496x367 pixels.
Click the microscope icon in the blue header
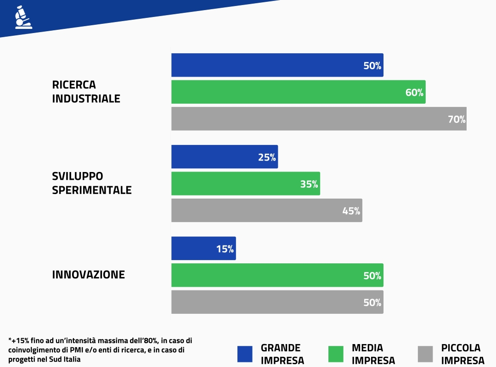[x=20, y=18]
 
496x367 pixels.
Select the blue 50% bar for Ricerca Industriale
[x=277, y=65]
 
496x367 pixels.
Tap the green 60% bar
[x=298, y=92]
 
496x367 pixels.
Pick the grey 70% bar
[x=319, y=119]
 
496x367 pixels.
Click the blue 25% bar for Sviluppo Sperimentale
[x=224, y=157]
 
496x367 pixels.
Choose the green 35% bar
[x=245, y=183]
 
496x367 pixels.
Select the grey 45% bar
[x=266, y=210]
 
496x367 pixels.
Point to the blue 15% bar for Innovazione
[x=203, y=248]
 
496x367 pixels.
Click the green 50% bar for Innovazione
[x=277, y=275]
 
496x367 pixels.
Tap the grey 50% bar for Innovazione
[x=277, y=302]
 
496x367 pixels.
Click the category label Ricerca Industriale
[x=86, y=92]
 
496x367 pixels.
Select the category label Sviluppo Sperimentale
[x=91, y=183]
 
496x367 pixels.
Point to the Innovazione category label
[x=88, y=275]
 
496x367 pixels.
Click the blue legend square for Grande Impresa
[x=245, y=354]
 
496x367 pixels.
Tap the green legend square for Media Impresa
[x=336, y=354]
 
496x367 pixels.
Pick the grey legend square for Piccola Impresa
[x=425, y=354]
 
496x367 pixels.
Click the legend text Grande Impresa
[x=282, y=354]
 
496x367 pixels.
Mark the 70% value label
[x=457, y=120]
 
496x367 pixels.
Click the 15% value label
[x=225, y=249]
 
